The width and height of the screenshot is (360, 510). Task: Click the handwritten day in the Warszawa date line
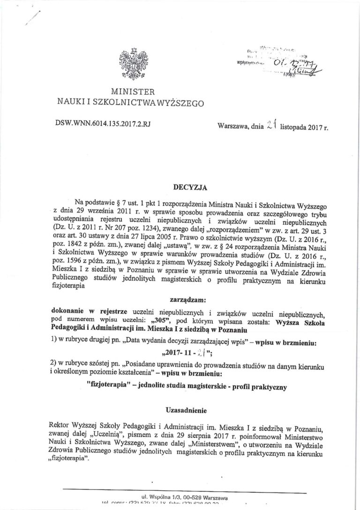[x=270, y=124]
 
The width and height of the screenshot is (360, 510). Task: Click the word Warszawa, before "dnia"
[x=233, y=126]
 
